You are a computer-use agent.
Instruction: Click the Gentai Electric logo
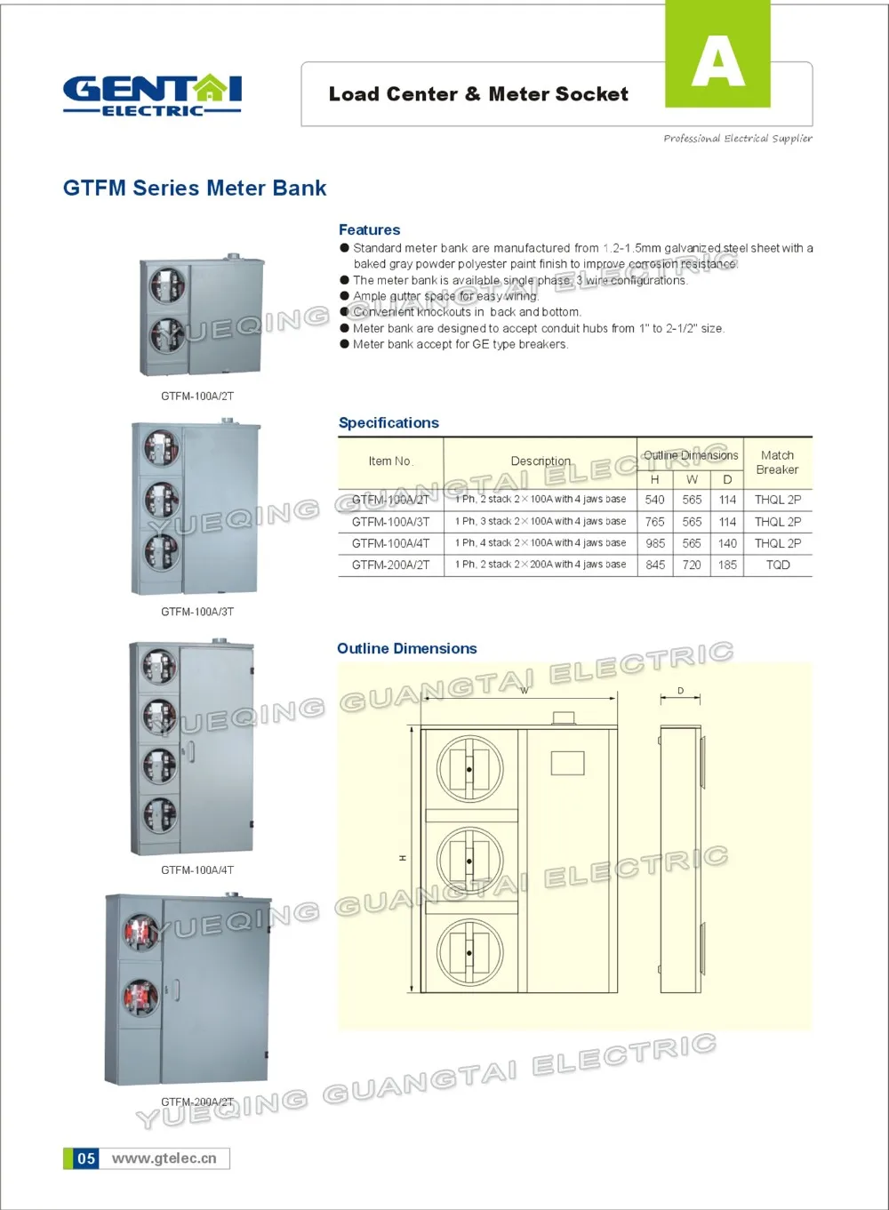(x=152, y=95)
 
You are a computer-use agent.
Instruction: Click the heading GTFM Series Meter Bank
(x=195, y=188)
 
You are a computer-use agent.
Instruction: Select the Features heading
(x=369, y=230)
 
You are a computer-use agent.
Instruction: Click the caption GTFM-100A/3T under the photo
(x=197, y=612)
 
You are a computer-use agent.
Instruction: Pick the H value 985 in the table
(x=655, y=543)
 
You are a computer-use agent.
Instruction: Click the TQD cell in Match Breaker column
(x=777, y=565)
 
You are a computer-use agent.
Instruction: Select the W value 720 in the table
(x=692, y=565)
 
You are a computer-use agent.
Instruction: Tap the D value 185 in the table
(x=727, y=565)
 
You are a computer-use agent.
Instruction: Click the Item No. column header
(x=390, y=461)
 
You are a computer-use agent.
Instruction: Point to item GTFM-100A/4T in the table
(x=390, y=543)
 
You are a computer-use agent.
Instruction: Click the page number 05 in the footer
(x=85, y=1158)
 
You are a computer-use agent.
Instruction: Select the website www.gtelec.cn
(x=164, y=1158)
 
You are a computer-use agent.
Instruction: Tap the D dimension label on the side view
(x=681, y=691)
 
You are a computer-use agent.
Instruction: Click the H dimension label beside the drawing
(x=403, y=858)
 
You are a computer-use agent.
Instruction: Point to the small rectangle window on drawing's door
(x=567, y=763)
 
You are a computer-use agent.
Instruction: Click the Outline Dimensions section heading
(x=406, y=649)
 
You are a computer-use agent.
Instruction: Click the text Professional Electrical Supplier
(x=737, y=138)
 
